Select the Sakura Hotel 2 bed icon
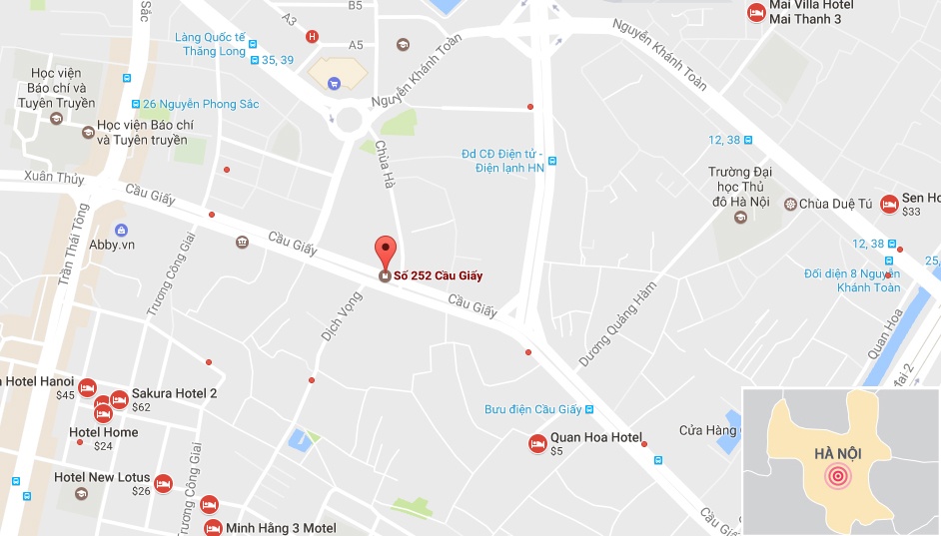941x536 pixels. pyautogui.click(x=119, y=400)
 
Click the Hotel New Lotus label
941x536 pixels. pyautogui.click(x=102, y=477)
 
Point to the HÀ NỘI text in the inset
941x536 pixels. pyautogui.click(x=837, y=454)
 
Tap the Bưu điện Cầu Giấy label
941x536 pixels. pyautogui.click(x=532, y=409)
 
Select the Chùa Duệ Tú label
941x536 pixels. pyautogui.click(x=836, y=204)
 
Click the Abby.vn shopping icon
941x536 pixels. pyautogui.click(x=121, y=231)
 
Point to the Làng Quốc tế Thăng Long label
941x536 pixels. pyautogui.click(x=210, y=44)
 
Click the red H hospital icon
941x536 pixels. pyautogui.click(x=312, y=37)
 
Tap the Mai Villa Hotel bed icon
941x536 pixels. pyautogui.click(x=756, y=12)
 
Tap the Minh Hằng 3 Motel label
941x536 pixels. pyautogui.click(x=281, y=528)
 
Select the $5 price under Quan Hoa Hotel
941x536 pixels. pyautogui.click(x=556, y=451)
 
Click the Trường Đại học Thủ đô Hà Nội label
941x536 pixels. pyautogui.click(x=739, y=187)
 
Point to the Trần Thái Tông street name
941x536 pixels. pyautogui.click(x=74, y=245)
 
